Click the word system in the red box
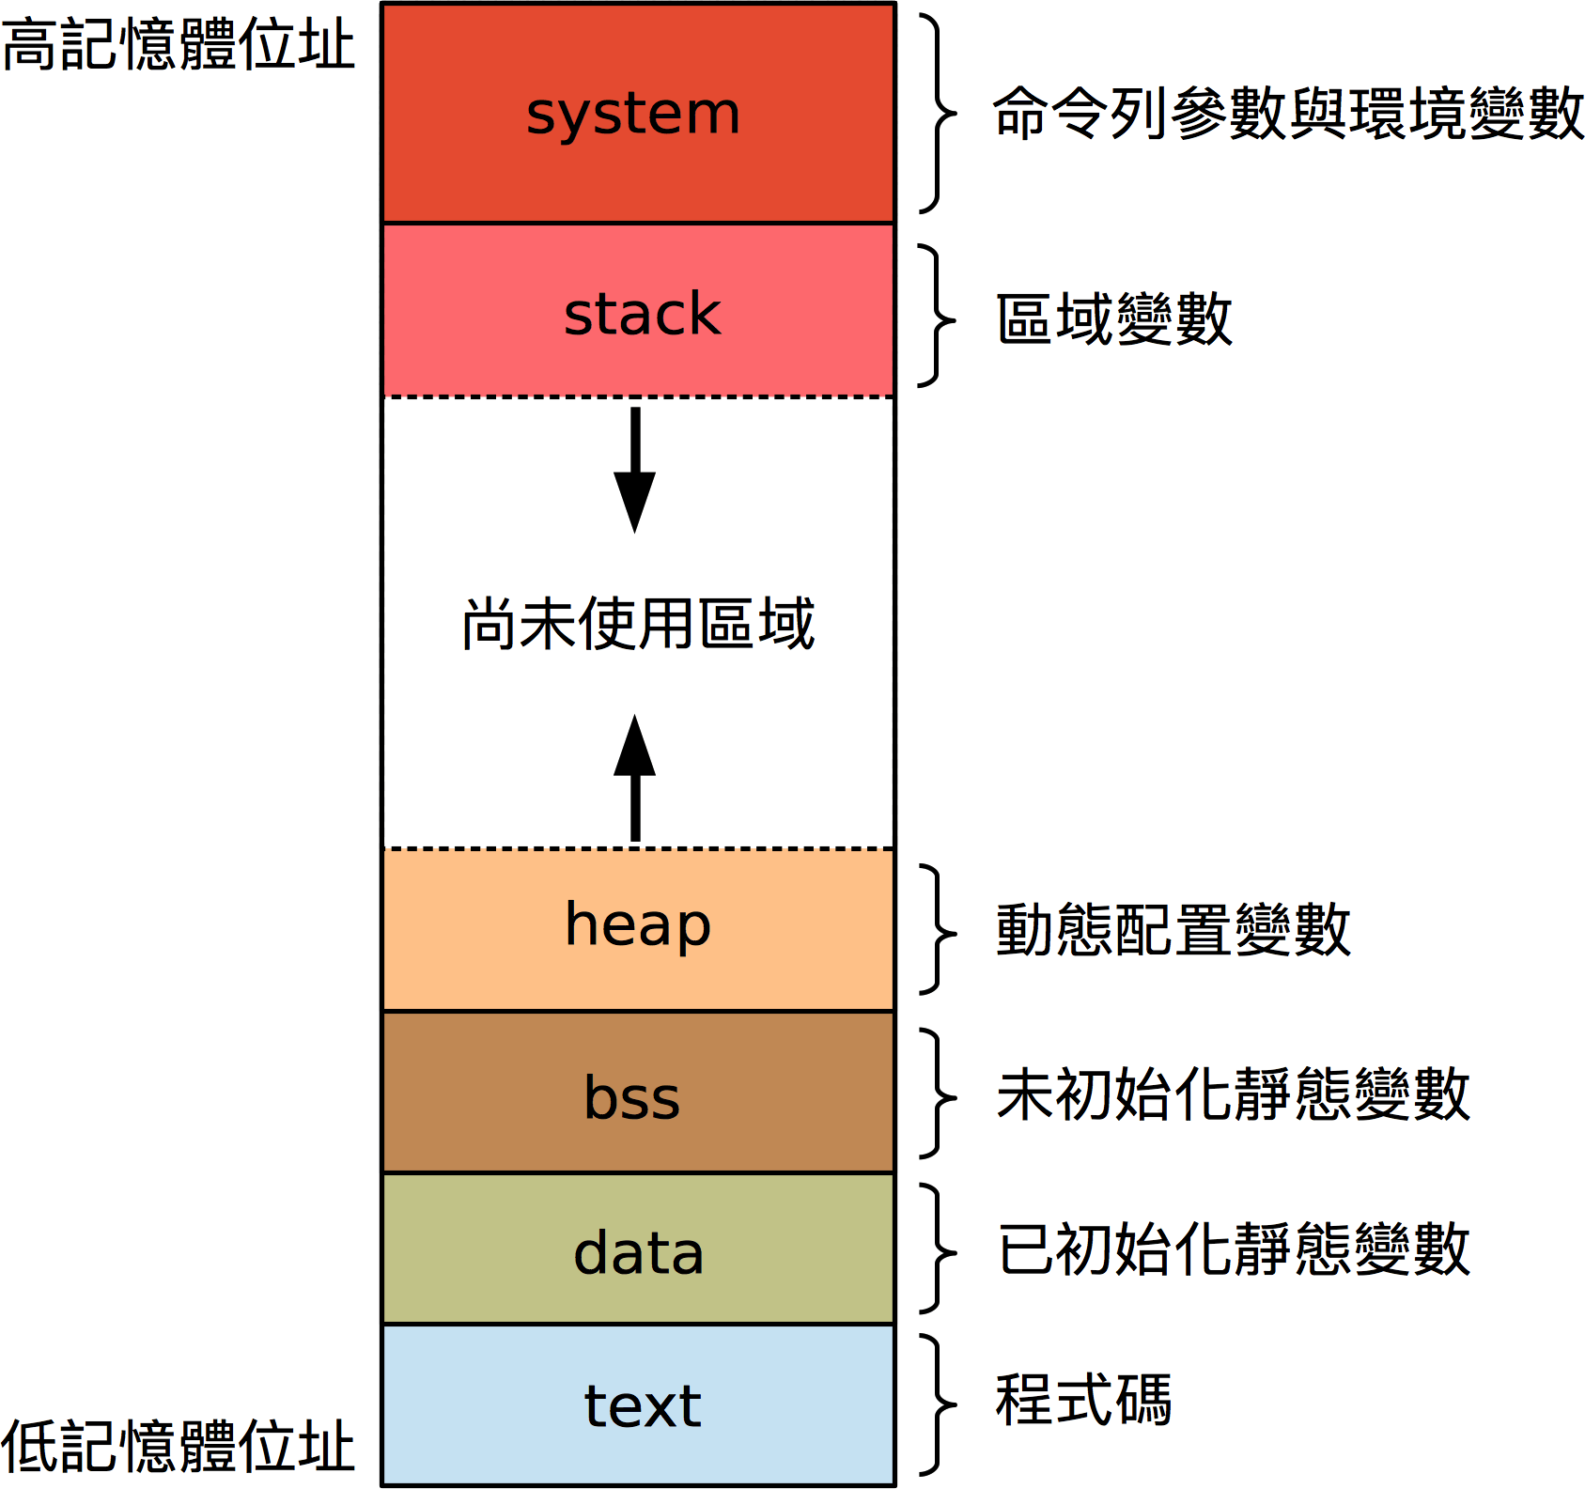[x=633, y=115]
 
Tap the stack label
[x=642, y=314]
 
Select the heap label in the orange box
[x=638, y=926]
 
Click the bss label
[x=632, y=1097]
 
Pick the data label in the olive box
[x=638, y=1253]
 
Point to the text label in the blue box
[x=643, y=1406]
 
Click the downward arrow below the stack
[x=635, y=470]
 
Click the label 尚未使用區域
[x=638, y=624]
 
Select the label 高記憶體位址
[x=179, y=44]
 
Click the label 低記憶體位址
[x=179, y=1446]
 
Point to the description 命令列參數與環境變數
[x=1288, y=114]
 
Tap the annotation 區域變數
[x=1114, y=319]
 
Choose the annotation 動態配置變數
[x=1173, y=930]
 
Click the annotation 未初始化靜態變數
[x=1234, y=1094]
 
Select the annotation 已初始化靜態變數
[x=1234, y=1249]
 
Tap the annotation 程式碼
[x=1084, y=1401]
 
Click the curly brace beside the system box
[x=936, y=114]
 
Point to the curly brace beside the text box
[x=936, y=1405]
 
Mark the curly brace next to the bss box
[x=936, y=1094]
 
